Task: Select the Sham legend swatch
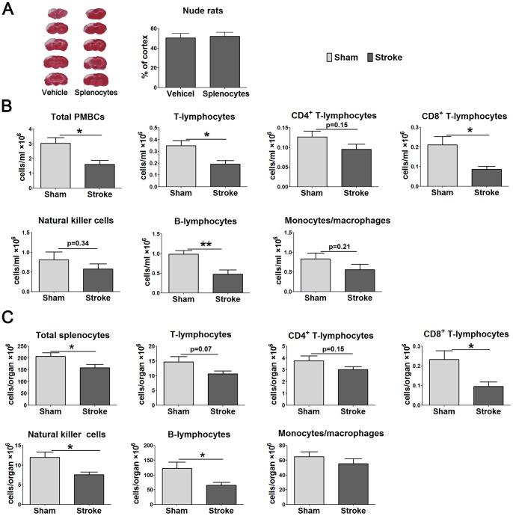click(x=331, y=58)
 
